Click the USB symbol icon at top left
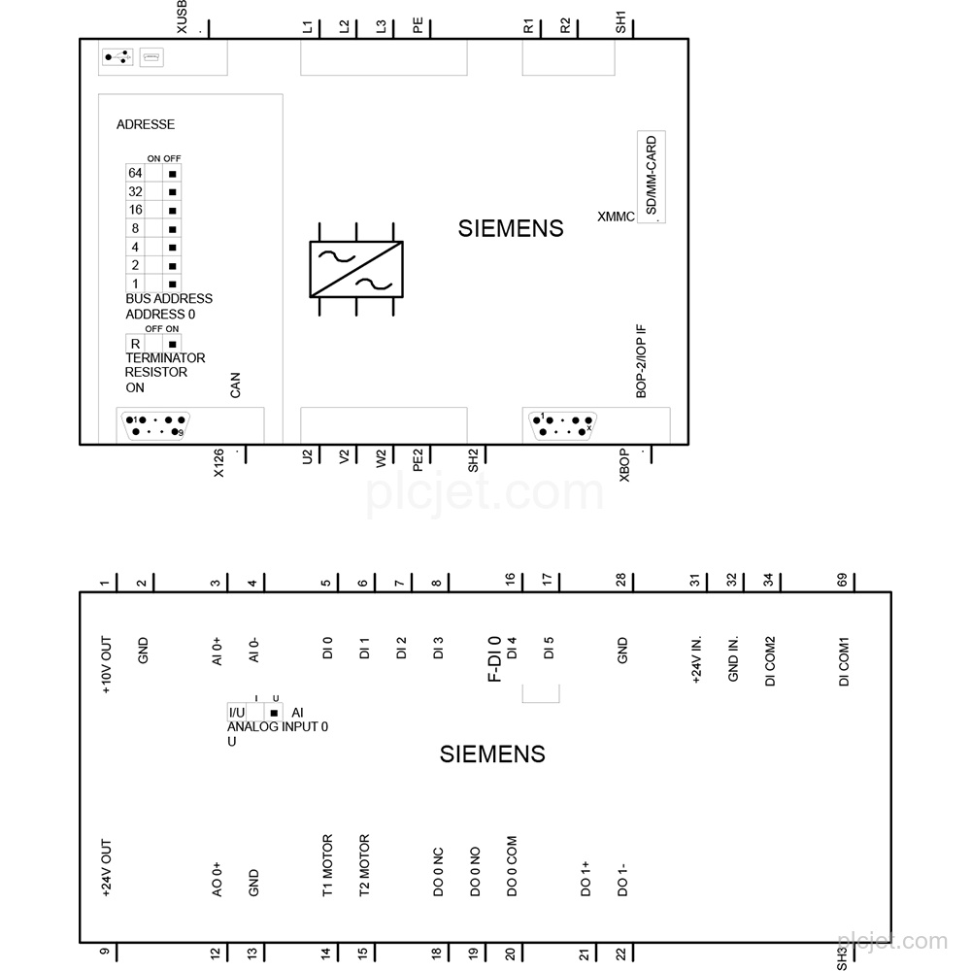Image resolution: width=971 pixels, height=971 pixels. click(117, 57)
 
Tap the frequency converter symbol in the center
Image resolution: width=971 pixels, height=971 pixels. click(356, 269)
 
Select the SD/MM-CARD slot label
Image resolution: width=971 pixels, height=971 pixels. click(651, 176)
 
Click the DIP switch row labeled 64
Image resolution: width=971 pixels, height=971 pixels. click(153, 174)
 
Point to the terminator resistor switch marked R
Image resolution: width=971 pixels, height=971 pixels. click(153, 344)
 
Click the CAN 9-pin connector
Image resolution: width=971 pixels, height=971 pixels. click(154, 425)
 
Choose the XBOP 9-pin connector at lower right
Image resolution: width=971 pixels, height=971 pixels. click(562, 425)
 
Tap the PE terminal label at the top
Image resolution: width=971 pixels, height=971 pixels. click(418, 25)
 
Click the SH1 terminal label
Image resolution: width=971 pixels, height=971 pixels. click(620, 22)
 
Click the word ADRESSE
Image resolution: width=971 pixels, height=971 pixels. click(146, 124)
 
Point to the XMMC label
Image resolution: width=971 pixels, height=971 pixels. click(616, 217)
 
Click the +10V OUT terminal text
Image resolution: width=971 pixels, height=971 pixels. click(106, 664)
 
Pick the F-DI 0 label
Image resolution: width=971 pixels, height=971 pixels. click(494, 659)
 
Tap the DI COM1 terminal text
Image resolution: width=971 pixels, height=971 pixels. click(844, 661)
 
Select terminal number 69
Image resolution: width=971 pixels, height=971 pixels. click(842, 580)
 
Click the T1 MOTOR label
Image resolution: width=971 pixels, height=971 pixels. click(327, 865)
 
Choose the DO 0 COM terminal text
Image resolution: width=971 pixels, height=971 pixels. click(512, 866)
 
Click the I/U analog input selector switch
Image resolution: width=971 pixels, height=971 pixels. click(255, 712)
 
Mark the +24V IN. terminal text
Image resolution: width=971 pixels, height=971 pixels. click(696, 659)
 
